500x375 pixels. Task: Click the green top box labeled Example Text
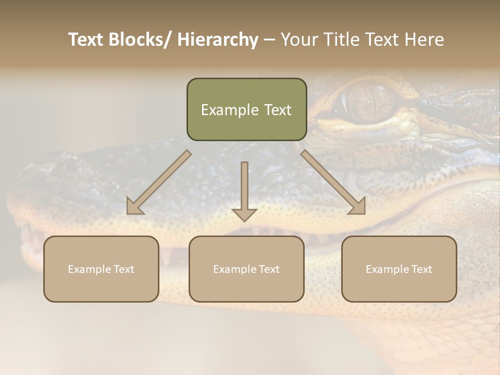246,109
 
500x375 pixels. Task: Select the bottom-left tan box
101,269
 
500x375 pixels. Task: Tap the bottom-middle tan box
246,269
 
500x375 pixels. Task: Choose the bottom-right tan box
399,269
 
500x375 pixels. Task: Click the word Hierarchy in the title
218,40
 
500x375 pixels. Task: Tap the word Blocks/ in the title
143,40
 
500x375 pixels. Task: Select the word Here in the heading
424,40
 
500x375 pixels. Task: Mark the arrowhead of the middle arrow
244,214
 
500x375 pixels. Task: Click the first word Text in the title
88,40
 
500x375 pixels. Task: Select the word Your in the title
299,40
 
